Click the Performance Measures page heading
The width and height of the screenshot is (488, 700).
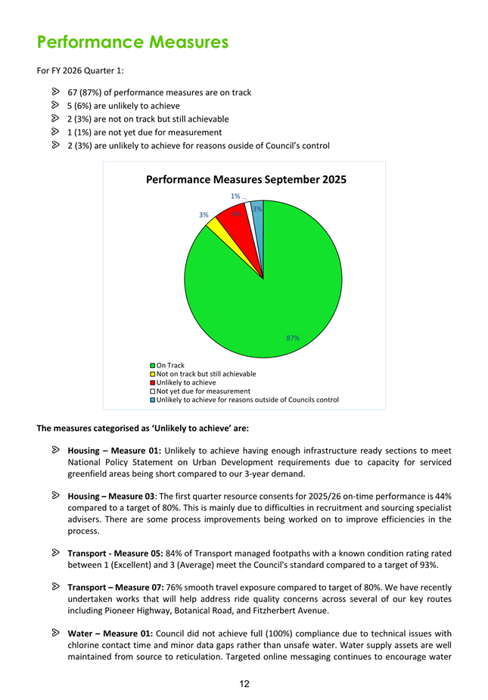pyautogui.click(x=132, y=42)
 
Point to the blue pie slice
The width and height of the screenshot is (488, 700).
pyautogui.click(x=258, y=215)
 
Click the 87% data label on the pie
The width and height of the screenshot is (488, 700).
pyautogui.click(x=294, y=338)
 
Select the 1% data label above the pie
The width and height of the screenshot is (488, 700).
pyautogui.click(x=235, y=196)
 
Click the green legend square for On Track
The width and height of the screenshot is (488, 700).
pyautogui.click(x=152, y=366)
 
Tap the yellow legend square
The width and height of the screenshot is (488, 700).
pyautogui.click(x=152, y=374)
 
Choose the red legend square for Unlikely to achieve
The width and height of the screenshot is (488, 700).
pyautogui.click(x=152, y=383)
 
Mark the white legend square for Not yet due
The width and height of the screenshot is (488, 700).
pyautogui.click(x=152, y=391)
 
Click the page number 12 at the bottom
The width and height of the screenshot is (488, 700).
pyautogui.click(x=244, y=684)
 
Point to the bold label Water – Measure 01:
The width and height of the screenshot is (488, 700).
pyautogui.click(x=110, y=633)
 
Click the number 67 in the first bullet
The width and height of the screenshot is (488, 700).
pyautogui.click(x=73, y=93)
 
